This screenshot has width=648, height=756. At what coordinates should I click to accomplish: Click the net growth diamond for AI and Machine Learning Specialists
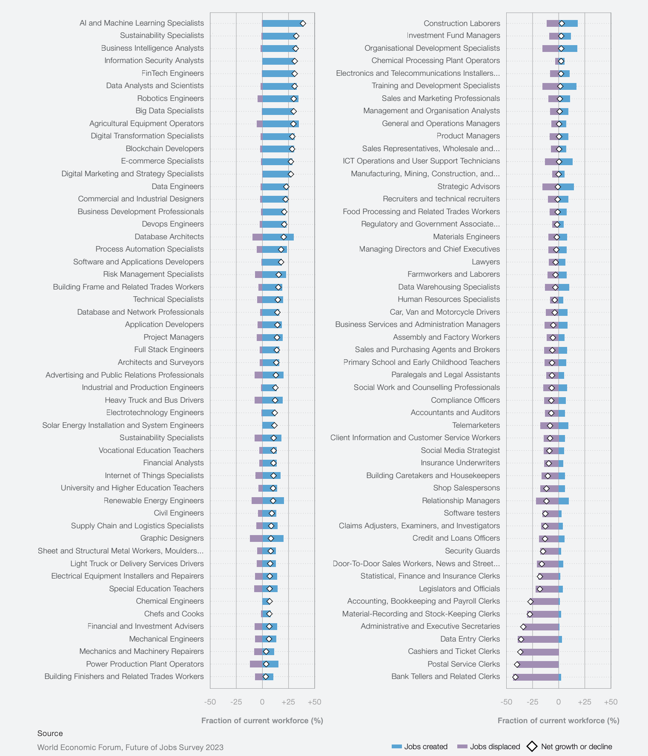click(x=303, y=23)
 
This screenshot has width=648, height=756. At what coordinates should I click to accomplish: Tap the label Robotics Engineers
click(x=170, y=98)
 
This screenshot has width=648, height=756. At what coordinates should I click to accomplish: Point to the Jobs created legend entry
click(x=419, y=747)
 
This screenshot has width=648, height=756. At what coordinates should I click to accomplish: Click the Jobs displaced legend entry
click(x=488, y=747)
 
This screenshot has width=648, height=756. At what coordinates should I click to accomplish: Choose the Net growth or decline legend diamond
click(x=532, y=747)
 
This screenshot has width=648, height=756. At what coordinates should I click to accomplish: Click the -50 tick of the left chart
click(x=210, y=702)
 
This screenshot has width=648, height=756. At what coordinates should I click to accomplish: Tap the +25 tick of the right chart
click(x=585, y=702)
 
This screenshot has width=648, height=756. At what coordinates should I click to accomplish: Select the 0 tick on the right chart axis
click(x=559, y=702)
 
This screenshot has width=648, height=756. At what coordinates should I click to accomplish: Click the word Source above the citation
click(x=50, y=733)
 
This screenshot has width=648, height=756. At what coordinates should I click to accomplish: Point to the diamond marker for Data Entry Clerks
click(x=521, y=639)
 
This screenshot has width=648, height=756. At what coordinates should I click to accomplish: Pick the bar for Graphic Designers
click(x=267, y=538)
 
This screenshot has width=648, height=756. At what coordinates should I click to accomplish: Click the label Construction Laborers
click(x=462, y=23)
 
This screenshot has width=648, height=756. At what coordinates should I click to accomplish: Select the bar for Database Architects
click(x=273, y=237)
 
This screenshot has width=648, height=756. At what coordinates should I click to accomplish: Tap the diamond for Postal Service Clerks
click(x=517, y=664)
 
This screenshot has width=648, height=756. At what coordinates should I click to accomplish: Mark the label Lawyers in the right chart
click(x=486, y=262)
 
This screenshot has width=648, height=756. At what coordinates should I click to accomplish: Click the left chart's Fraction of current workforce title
click(x=262, y=721)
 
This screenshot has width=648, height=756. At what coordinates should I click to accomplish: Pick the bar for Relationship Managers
click(x=552, y=501)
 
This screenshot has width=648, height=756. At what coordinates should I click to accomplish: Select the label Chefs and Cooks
click(x=174, y=614)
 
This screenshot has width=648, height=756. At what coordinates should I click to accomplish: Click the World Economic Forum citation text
click(x=130, y=747)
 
